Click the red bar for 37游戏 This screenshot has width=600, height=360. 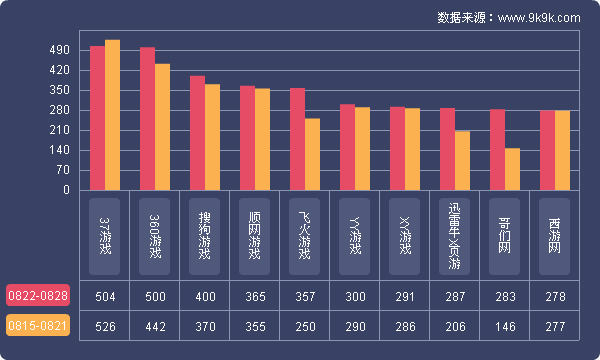tap(97, 118)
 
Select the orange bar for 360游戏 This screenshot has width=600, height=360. tap(162, 127)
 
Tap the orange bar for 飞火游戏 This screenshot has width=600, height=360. tap(312, 154)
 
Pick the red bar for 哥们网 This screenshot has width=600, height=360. tap(497, 150)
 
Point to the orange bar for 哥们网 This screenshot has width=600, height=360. tap(512, 169)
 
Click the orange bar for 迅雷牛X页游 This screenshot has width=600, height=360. tap(462, 160)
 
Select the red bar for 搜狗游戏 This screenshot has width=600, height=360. tap(197, 133)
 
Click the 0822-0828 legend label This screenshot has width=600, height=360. tap(38, 296)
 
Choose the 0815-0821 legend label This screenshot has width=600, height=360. tap(38, 326)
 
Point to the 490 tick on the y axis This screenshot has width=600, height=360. tap(59, 51)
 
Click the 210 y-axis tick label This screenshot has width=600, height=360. tap(59, 130)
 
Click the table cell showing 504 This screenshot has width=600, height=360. tap(105, 297)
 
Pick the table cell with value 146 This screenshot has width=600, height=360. tap(505, 326)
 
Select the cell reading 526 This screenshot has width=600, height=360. tap(105, 326)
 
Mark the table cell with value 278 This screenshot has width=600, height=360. tap(555, 297)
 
